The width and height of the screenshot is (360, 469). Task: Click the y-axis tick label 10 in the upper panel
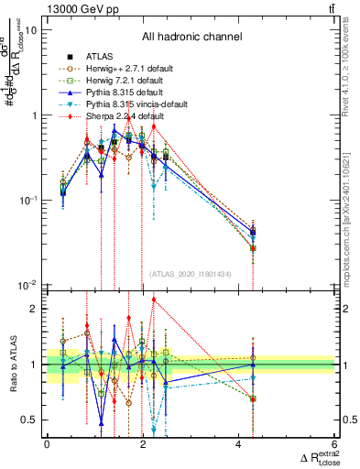tap(31, 30)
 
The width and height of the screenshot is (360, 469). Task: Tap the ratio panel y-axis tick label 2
tap(35, 309)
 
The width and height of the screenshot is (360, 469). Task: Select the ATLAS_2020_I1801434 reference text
tap(191, 274)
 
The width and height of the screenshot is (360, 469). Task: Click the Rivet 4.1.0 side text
tap(352, 69)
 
